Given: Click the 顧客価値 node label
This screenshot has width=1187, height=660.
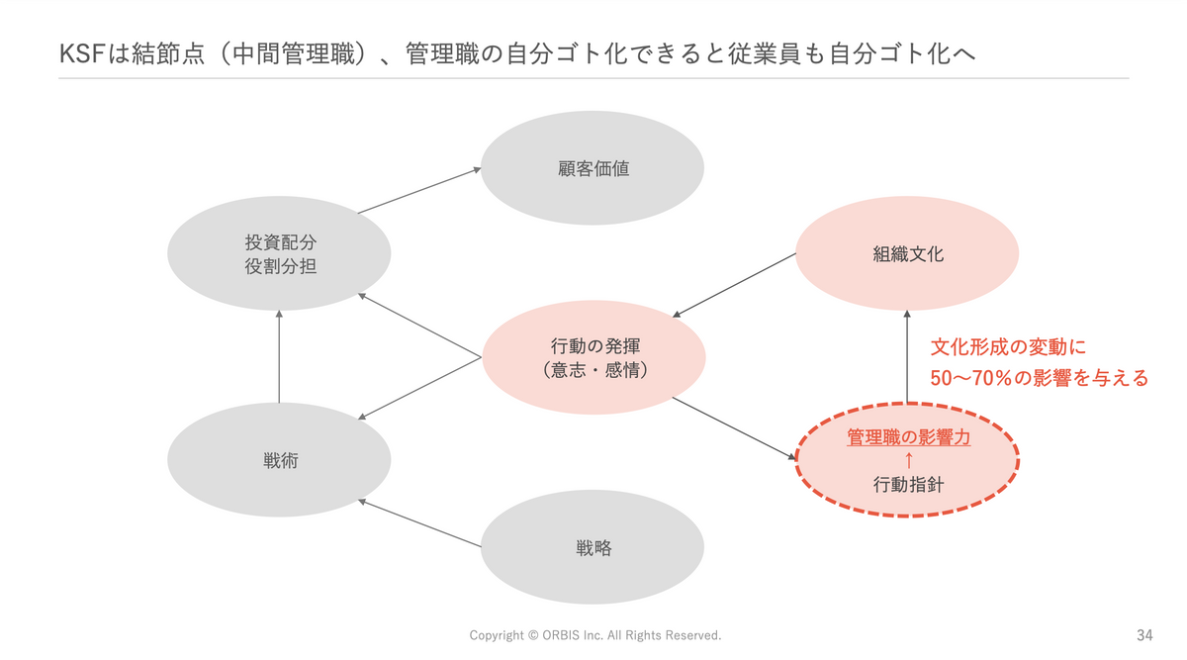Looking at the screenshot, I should (x=593, y=168).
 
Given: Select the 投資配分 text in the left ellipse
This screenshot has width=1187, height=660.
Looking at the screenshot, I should (x=280, y=242).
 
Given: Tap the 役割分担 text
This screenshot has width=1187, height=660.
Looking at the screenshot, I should (x=280, y=265).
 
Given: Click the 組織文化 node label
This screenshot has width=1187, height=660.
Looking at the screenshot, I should (x=907, y=254).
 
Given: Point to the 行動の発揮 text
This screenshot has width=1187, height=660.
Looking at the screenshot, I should (x=593, y=346).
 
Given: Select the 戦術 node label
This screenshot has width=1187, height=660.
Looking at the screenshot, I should (x=280, y=460).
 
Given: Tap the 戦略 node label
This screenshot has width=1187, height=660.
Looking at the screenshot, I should (x=593, y=547).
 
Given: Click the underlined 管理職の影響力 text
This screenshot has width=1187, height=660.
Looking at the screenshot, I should (x=907, y=436).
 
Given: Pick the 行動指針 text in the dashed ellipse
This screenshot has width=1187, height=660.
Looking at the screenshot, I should (x=907, y=485).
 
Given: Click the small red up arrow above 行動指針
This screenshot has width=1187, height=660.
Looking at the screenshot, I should (x=907, y=460).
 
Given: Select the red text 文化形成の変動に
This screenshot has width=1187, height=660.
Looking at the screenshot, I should (x=1008, y=347).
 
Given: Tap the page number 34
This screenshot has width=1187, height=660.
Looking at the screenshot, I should (x=1145, y=634).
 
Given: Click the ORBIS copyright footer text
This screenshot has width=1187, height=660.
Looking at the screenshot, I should (x=594, y=634).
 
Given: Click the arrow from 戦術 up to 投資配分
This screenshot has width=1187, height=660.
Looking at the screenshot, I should (x=279, y=356).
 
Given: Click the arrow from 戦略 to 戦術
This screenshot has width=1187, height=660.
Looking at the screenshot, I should (x=421, y=524).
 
